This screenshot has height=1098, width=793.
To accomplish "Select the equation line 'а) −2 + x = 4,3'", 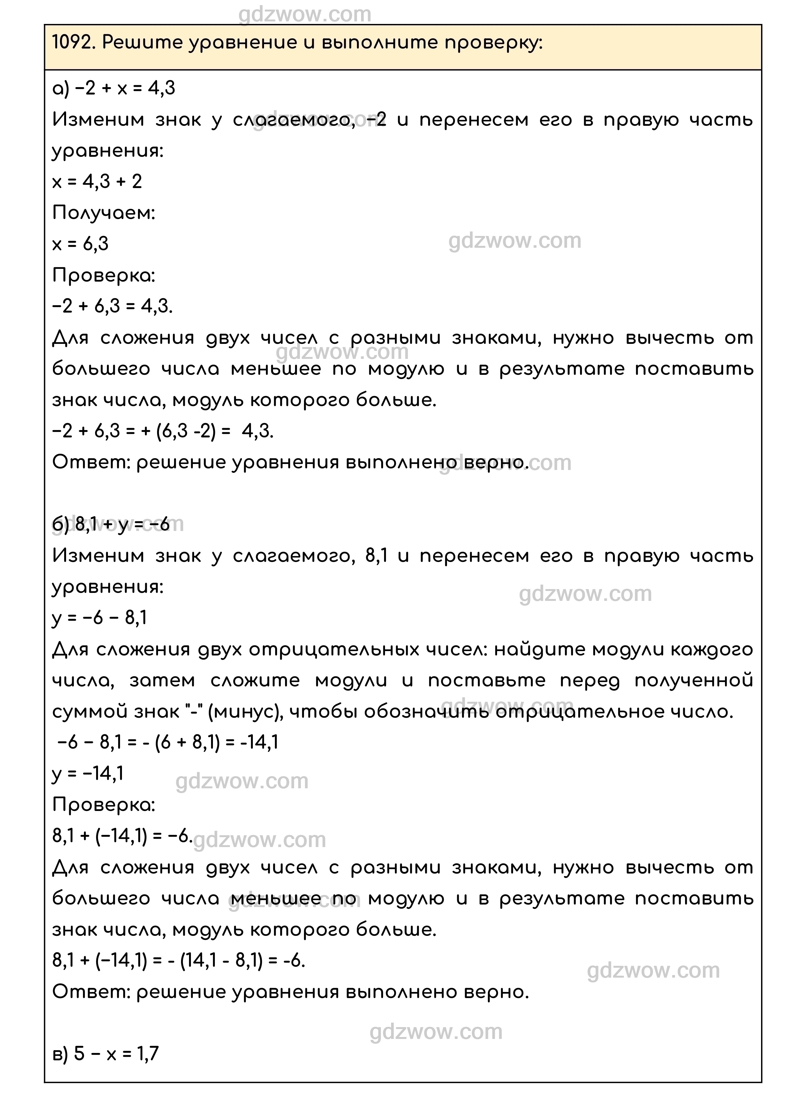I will [114, 88].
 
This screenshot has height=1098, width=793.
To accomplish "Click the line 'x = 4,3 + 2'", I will [97, 182].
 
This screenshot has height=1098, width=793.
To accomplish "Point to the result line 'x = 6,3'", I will [80, 244].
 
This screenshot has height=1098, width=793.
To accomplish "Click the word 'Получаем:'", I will [104, 213].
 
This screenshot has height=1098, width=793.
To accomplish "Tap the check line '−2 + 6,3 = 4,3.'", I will [112, 306].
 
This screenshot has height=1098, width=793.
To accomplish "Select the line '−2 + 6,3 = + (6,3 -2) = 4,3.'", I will [163, 430].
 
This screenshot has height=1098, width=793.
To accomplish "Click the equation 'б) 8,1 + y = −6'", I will [111, 524].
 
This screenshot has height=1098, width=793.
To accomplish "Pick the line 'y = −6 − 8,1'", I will [99, 618].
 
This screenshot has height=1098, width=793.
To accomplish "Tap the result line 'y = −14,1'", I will [88, 773].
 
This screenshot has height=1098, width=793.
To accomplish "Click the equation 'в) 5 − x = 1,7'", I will [106, 1053].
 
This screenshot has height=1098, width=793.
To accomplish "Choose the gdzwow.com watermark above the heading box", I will [305, 14].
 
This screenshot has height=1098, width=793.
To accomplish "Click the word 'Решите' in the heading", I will [143, 43].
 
